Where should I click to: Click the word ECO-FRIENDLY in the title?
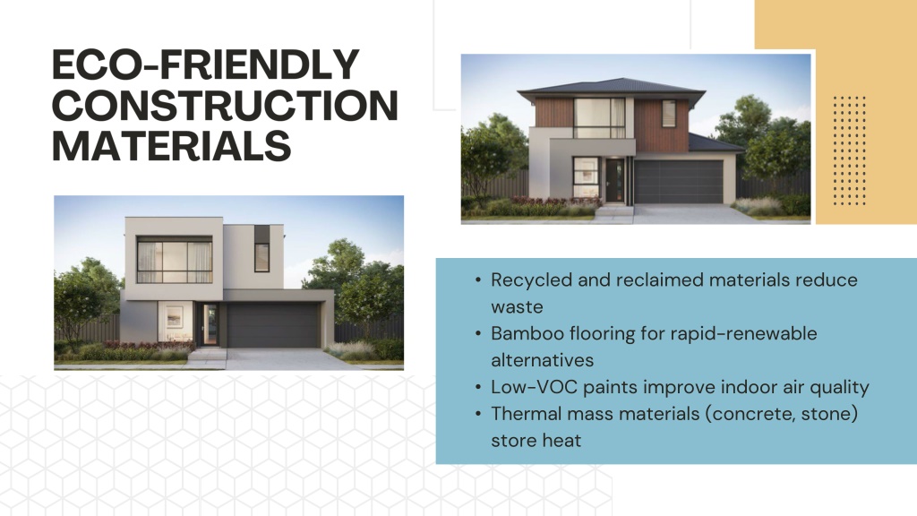click(206, 64)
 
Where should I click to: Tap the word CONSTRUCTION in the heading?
click(225, 105)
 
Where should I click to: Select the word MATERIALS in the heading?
click(171, 146)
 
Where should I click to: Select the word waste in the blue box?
click(517, 307)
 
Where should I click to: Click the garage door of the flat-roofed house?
click(273, 325)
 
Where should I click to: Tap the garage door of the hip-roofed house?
click(679, 181)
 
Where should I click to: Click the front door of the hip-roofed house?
click(614, 180)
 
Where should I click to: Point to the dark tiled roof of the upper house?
click(612, 86)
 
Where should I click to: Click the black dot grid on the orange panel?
click(849, 150)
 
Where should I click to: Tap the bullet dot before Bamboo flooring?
click(478, 334)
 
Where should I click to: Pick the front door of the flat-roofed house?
click(210, 324)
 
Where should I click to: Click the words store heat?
click(536, 441)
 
